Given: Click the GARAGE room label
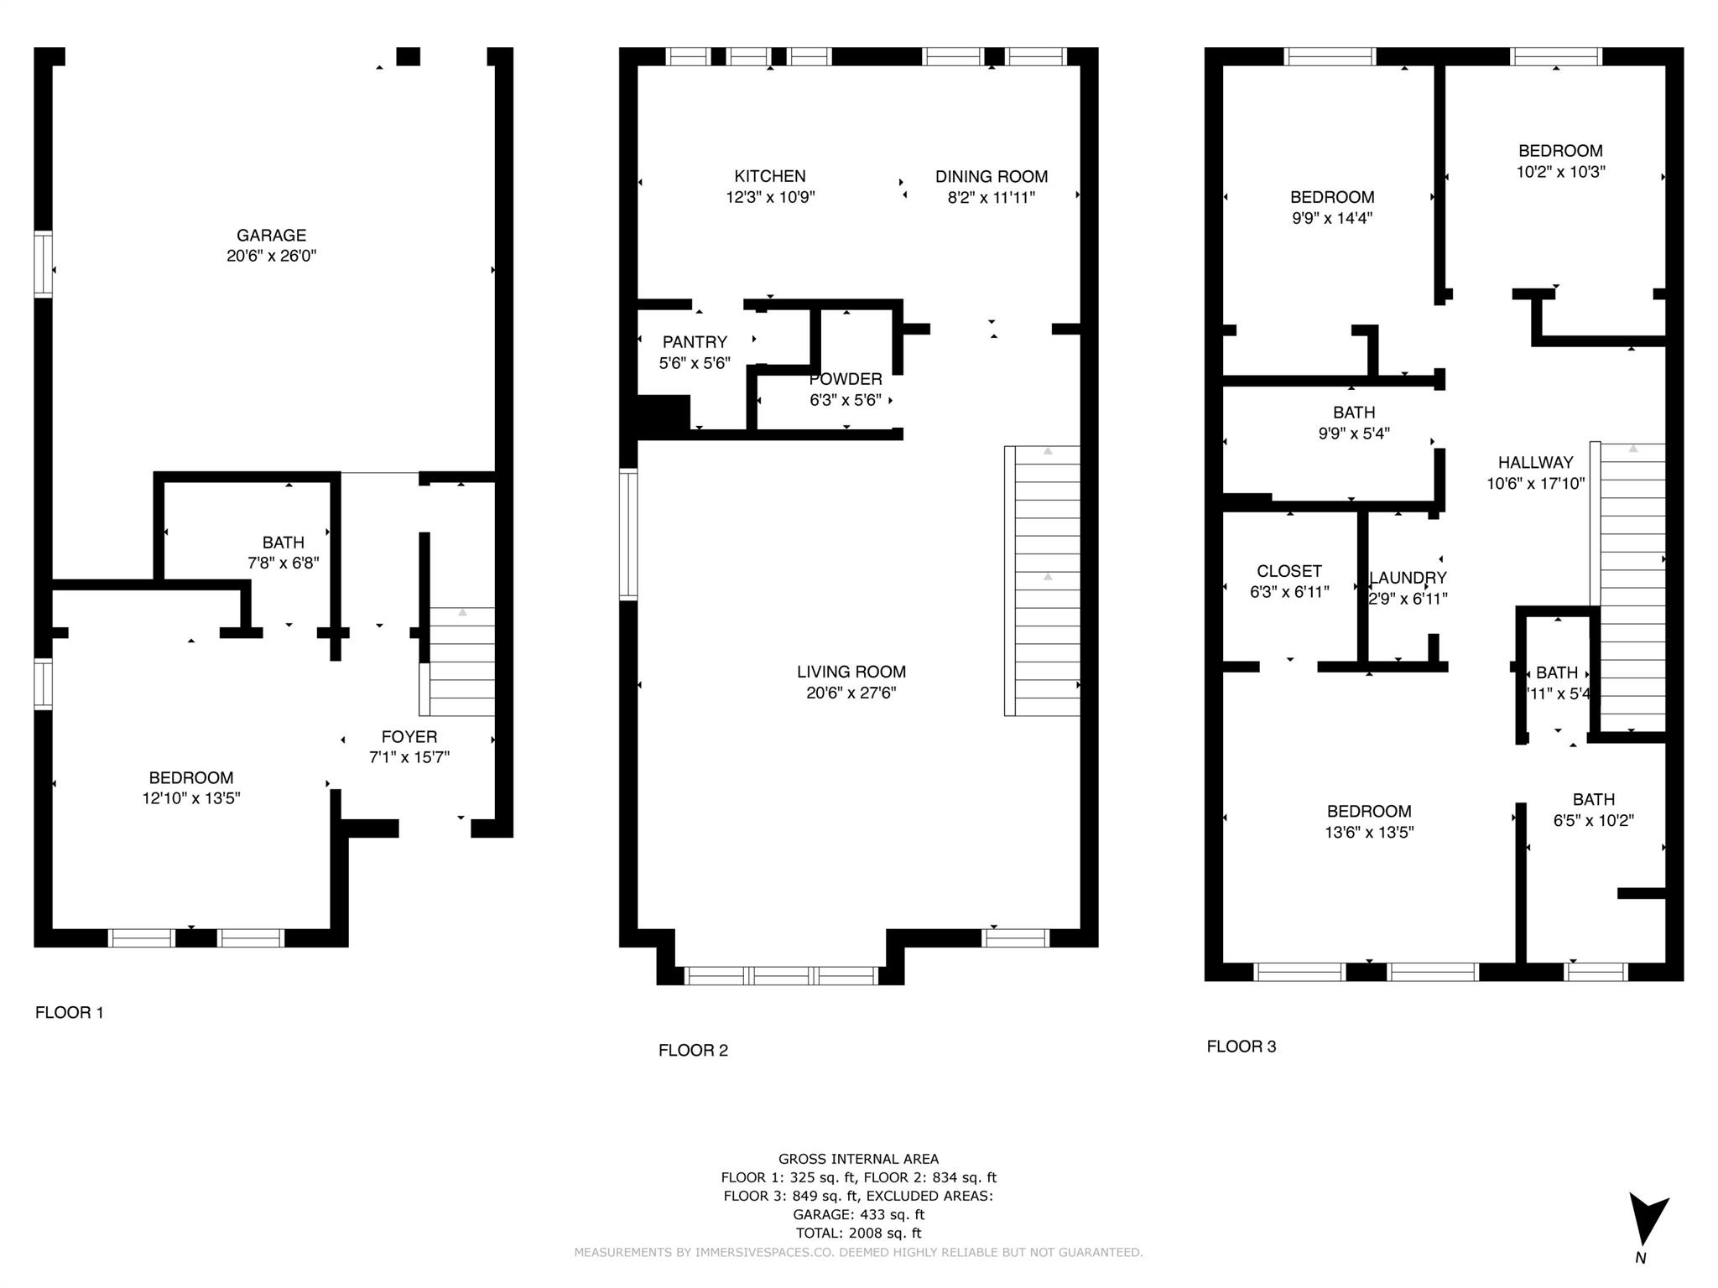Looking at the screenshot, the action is point(271,236).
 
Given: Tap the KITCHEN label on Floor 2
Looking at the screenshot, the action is point(770,176).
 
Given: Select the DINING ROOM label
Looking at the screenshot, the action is point(992,176).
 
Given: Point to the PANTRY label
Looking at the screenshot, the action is point(695,342).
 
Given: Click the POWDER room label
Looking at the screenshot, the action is point(846,379).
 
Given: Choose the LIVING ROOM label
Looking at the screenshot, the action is point(851,672).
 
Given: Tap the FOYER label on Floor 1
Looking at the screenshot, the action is point(409,736).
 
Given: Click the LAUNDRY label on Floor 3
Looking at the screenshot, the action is point(1408,578).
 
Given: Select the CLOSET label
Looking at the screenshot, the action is point(1289,571).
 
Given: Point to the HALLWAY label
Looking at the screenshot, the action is point(1536,462).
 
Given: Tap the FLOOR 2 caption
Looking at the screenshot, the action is point(693,1050).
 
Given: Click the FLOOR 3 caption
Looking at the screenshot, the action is point(1242,1046).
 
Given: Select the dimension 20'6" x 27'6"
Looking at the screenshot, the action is point(851,693).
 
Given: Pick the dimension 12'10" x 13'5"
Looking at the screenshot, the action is point(191,798).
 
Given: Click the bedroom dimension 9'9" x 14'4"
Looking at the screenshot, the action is point(1332,218).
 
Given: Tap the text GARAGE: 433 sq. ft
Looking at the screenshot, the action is point(858,1214).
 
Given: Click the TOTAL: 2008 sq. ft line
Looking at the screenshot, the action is point(858,1233).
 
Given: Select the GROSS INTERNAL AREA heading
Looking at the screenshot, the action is point(858,1159).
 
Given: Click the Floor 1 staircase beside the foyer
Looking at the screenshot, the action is point(457,662).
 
